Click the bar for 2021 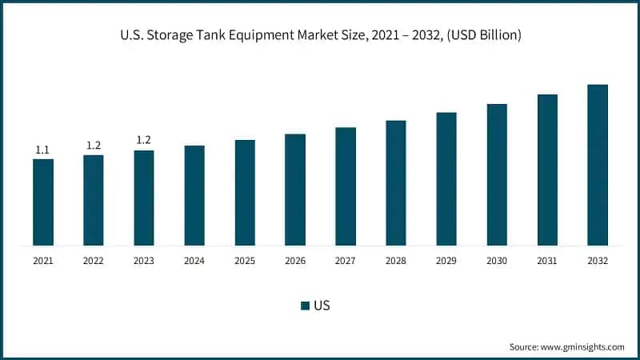tap(43, 202)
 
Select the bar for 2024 tap(194, 195)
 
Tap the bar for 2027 tap(346, 186)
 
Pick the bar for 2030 tap(497, 174)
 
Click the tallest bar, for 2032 tap(598, 165)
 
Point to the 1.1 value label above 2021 tap(42, 150)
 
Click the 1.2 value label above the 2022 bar tap(94, 145)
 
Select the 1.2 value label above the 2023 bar tap(144, 140)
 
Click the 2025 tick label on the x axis tap(245, 261)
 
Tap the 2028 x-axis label tap(396, 261)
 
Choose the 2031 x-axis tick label tap(547, 261)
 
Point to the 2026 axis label tap(295, 261)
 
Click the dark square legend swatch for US tap(305, 305)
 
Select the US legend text tap(322, 305)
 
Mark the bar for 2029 tap(446, 178)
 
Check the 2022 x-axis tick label tap(94, 261)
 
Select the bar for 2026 tap(295, 190)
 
